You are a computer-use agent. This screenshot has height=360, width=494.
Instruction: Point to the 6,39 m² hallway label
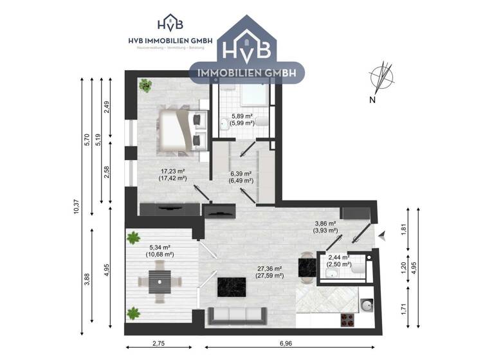click(x=241, y=177)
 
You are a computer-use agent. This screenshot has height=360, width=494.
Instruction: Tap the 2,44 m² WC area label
click(x=338, y=260)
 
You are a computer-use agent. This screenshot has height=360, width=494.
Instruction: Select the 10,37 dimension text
click(x=77, y=206)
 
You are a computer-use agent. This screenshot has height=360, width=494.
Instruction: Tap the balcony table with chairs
click(x=158, y=281)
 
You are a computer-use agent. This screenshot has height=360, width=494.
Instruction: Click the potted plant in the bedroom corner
click(x=146, y=85)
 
